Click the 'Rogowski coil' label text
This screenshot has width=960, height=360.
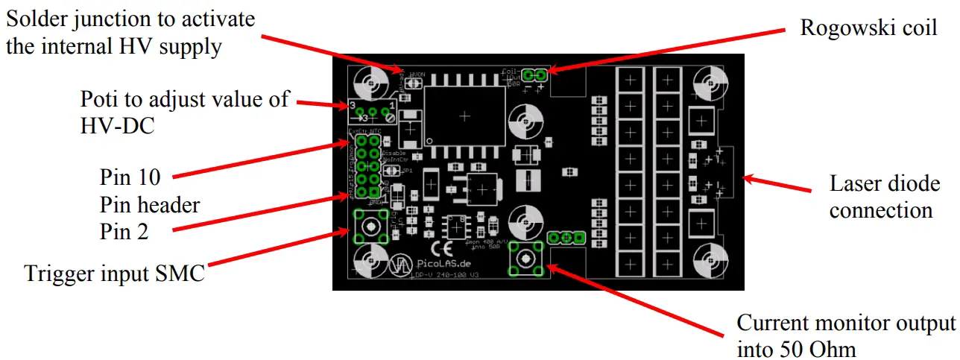[x=868, y=28]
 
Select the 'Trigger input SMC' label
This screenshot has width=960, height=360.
[x=115, y=274]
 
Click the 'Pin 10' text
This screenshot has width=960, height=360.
[x=130, y=178]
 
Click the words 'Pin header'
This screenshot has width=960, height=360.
[x=150, y=205]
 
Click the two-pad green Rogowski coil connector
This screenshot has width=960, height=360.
[x=535, y=75]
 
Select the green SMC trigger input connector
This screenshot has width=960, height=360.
[x=370, y=225]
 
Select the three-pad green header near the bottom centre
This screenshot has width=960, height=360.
[x=566, y=238]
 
